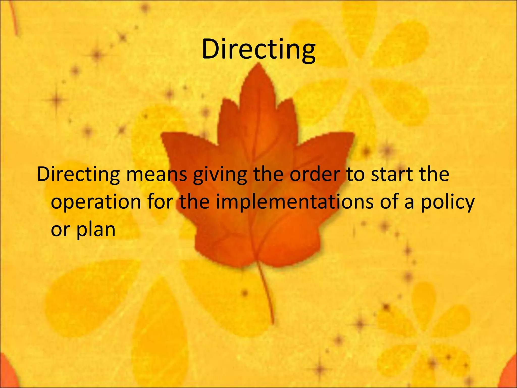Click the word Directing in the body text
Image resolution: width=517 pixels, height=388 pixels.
coord(78,174)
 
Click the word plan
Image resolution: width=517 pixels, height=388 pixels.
coord(96,230)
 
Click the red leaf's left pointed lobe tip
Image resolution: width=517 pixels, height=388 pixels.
coord(163,135)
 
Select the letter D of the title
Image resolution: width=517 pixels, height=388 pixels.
coord(211,49)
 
